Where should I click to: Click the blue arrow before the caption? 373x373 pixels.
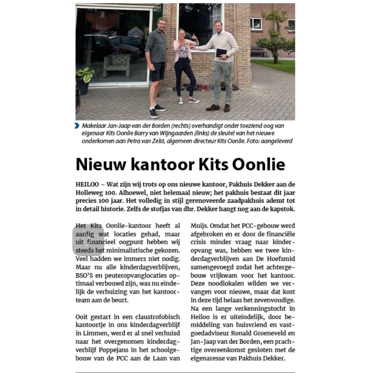[77, 126]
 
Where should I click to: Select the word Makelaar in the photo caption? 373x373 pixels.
[93, 126]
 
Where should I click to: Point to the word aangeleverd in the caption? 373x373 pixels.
[277, 141]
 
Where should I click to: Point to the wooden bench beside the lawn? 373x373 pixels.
[259, 51]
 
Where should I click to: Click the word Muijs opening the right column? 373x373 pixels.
[199, 225]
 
